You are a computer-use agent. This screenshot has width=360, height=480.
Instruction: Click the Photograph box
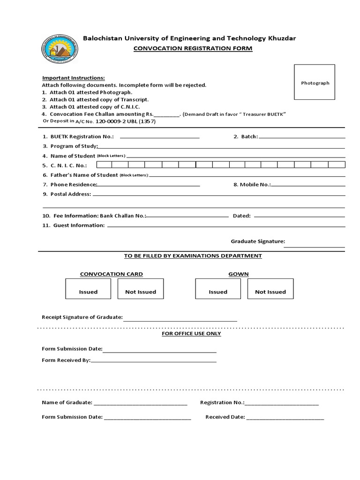pyautogui.click(x=315, y=82)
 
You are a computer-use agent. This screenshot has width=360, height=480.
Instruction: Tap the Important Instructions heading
pyautogui.click(x=74, y=78)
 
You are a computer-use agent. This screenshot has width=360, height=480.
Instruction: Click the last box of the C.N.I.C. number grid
pyautogui.click(x=337, y=165)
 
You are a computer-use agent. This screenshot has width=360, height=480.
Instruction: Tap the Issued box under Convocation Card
pyautogui.click(x=88, y=289)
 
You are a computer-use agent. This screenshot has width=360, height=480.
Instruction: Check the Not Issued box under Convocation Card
pyautogui.click(x=141, y=289)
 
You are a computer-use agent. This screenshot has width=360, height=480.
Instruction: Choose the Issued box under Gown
pyautogui.click(x=218, y=289)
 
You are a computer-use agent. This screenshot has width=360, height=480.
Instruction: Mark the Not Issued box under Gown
pyautogui.click(x=270, y=289)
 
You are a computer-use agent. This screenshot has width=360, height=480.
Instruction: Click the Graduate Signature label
pyautogui.click(x=257, y=241)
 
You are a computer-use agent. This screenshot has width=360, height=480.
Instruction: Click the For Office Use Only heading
pyautogui.click(x=191, y=333)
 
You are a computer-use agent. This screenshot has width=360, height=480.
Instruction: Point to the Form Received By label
pyautogui.click(x=66, y=360)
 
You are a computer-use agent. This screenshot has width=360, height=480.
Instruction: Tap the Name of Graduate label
pyautogui.click(x=67, y=402)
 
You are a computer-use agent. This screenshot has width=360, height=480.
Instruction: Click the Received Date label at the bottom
pyautogui.click(x=225, y=417)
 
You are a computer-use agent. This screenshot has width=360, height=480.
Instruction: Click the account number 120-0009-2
pyautogui.click(x=111, y=121)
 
